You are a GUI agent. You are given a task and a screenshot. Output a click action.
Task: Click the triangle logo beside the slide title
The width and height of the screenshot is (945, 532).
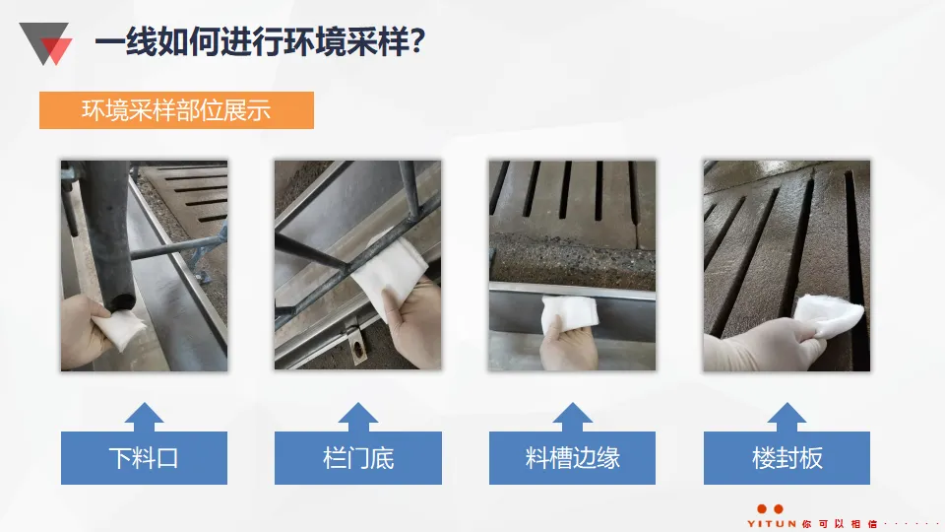tap(45, 42)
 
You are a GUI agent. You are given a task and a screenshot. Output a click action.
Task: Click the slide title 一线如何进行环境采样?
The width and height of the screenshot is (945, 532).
tap(260, 41)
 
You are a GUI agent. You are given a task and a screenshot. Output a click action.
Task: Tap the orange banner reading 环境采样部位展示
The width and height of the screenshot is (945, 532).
tap(176, 110)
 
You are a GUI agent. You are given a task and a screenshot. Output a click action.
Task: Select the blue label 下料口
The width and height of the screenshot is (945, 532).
tap(144, 458)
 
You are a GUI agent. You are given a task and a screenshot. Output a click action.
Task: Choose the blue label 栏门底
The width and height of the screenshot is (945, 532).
tap(358, 458)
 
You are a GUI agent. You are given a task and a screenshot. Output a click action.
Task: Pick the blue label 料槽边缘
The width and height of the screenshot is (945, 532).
tap(572, 458)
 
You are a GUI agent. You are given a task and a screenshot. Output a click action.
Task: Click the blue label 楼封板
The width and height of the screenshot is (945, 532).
tap(787, 458)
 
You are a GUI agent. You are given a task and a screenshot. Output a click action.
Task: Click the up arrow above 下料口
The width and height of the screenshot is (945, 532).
tap(144, 418)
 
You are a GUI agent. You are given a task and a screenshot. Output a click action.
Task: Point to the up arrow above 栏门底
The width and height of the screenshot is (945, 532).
tap(358, 418)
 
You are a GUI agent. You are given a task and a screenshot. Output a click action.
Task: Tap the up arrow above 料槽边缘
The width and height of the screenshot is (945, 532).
tap(572, 418)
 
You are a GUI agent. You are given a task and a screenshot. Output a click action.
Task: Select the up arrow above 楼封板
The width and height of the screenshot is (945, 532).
tap(787, 418)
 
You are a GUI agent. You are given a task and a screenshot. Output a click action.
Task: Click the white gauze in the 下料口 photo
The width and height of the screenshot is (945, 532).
tap(120, 329)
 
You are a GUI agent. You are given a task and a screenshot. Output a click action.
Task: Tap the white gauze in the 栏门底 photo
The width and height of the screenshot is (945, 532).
tap(389, 272)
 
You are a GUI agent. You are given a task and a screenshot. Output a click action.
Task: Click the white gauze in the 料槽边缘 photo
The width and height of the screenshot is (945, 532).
tap(570, 313)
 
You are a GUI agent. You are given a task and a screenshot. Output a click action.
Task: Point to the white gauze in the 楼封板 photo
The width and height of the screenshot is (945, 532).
tap(829, 315)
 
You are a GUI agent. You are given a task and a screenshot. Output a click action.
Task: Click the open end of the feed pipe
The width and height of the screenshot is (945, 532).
tap(119, 299)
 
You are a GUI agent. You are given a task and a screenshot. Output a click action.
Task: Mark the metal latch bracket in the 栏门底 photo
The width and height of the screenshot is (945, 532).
tap(356, 345)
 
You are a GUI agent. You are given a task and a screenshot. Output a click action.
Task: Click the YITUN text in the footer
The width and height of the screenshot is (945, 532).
tap(772, 523)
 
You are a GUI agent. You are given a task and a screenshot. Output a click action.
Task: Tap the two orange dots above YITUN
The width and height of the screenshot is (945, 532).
tap(770, 509)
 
